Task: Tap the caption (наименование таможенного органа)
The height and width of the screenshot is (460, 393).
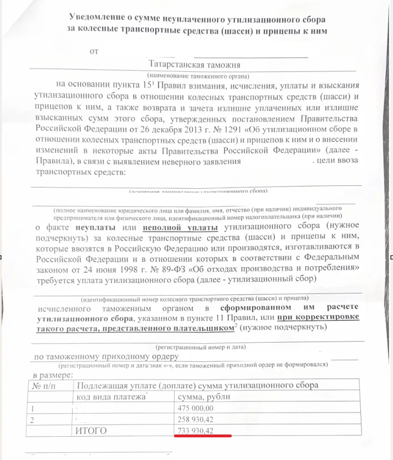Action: tap(198, 75)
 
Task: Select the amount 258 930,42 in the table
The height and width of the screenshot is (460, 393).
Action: tap(195, 419)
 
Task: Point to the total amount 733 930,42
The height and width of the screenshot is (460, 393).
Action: tap(195, 430)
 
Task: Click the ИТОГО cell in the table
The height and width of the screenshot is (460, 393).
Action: tap(90, 430)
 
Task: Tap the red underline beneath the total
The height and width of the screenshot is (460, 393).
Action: tap(202, 436)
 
